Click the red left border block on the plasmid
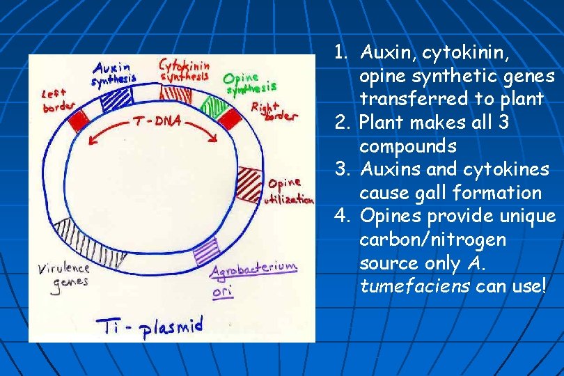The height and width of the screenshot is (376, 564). [x=79, y=119]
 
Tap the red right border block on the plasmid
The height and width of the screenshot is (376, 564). [x=228, y=119]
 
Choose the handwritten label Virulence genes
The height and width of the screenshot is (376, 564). [x=63, y=275]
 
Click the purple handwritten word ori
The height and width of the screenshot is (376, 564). [x=222, y=291]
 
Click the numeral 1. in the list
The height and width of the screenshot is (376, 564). [x=340, y=52]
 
